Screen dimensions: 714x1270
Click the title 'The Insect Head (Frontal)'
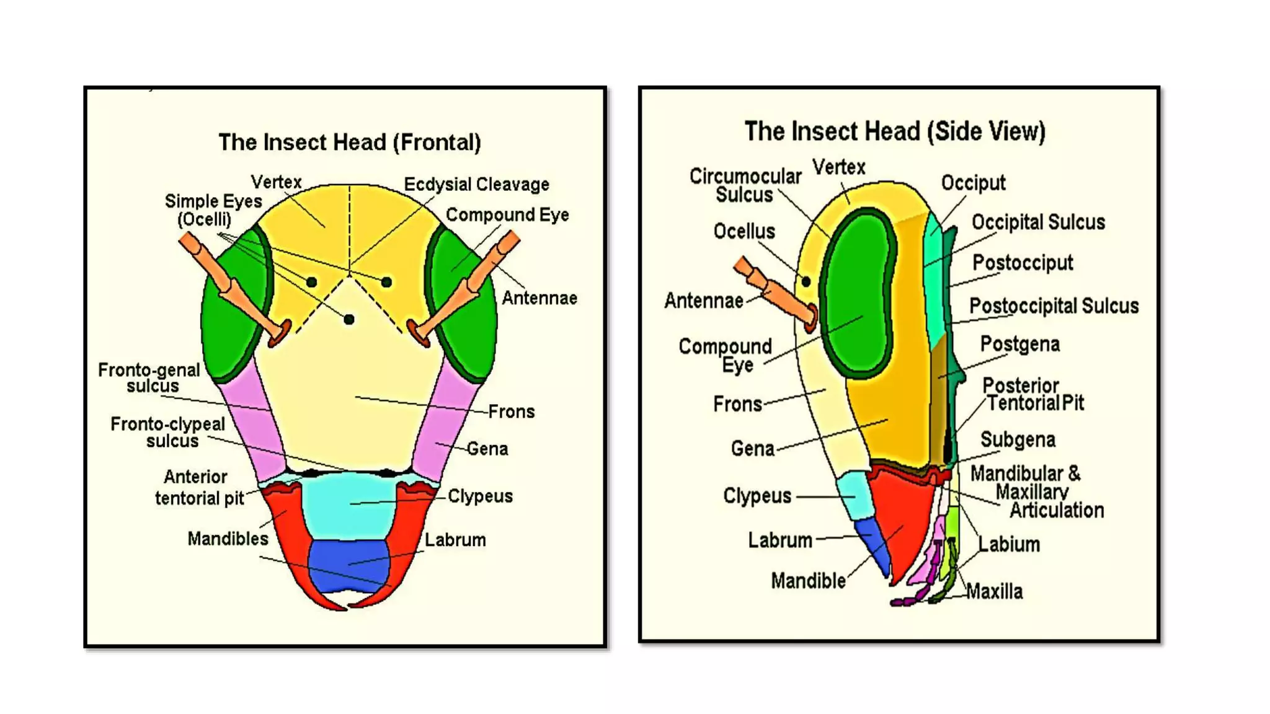349,143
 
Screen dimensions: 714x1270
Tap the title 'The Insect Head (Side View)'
894,131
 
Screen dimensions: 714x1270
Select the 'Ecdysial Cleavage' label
476,185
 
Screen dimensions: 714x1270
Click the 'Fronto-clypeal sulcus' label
168,432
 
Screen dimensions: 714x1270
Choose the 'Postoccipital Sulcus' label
1054,306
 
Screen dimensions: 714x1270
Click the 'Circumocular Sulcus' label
745,185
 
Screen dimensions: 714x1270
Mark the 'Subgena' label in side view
1017,439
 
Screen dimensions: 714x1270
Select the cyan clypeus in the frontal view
349,505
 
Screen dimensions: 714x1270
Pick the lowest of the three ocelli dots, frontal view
349,319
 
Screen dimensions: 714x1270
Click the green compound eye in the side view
858,291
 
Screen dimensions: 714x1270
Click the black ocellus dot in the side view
806,281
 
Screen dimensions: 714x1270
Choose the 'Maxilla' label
994,591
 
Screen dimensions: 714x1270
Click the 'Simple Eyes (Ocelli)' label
212,209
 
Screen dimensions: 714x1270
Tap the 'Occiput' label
972,183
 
